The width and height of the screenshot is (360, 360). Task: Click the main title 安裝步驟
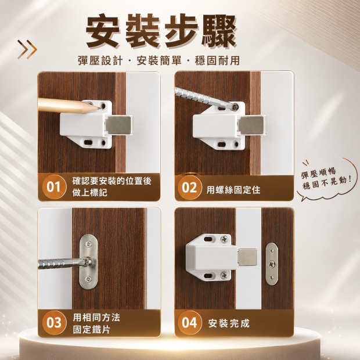click(x=161, y=31)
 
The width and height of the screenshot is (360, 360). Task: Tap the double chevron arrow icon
click(x=27, y=49)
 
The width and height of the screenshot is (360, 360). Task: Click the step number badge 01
click(x=54, y=187)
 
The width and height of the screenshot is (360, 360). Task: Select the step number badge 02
click(x=189, y=188)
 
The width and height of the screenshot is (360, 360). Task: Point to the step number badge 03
click(x=54, y=323)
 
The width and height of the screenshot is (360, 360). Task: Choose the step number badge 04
click(x=189, y=323)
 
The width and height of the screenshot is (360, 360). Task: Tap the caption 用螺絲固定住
click(x=233, y=190)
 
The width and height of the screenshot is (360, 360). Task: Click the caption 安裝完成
click(x=229, y=323)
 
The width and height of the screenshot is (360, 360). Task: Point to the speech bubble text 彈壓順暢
click(x=318, y=173)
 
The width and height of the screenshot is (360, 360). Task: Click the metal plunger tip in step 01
click(x=119, y=125)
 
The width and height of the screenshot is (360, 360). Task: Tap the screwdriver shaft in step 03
click(x=62, y=263)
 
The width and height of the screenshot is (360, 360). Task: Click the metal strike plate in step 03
click(x=88, y=261)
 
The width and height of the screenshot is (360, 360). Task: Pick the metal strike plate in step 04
click(x=272, y=264)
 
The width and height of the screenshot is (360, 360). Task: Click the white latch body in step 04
click(x=211, y=257)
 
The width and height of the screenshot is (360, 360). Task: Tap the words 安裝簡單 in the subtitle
click(x=159, y=60)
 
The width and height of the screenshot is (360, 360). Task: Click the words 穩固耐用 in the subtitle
click(x=217, y=60)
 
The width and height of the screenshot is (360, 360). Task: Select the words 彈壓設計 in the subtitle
click(x=100, y=60)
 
